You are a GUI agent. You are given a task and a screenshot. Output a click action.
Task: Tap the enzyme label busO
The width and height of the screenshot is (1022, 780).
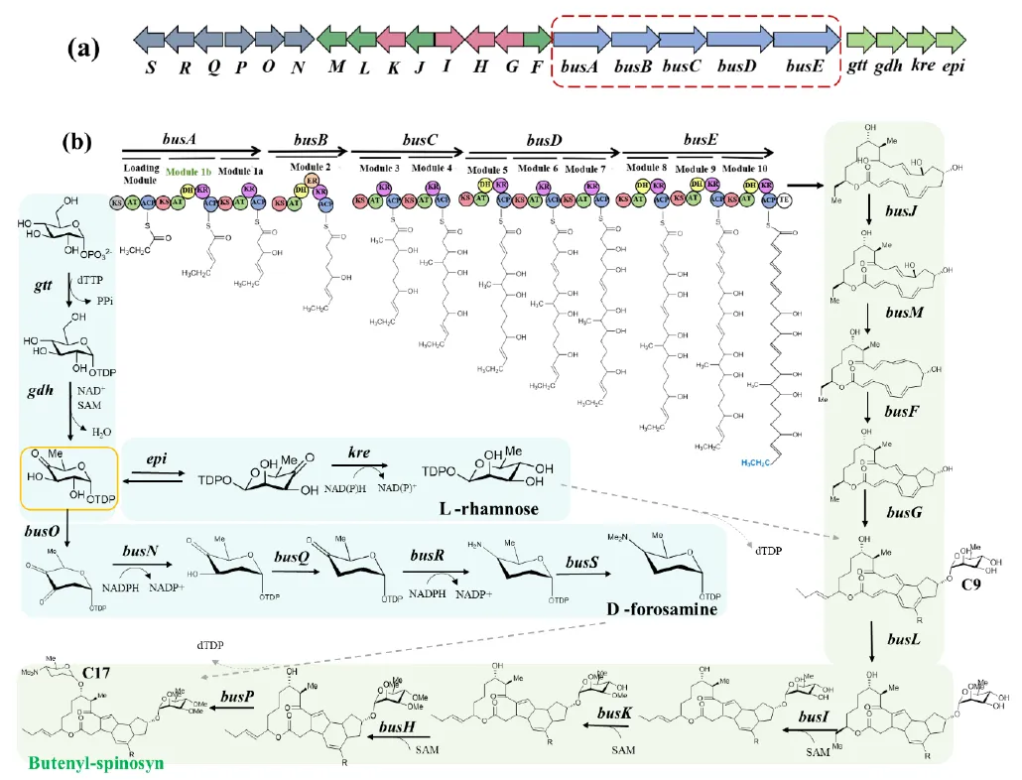pos(38,530)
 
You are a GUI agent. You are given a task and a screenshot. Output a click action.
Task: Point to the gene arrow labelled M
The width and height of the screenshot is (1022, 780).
pos(332,38)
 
